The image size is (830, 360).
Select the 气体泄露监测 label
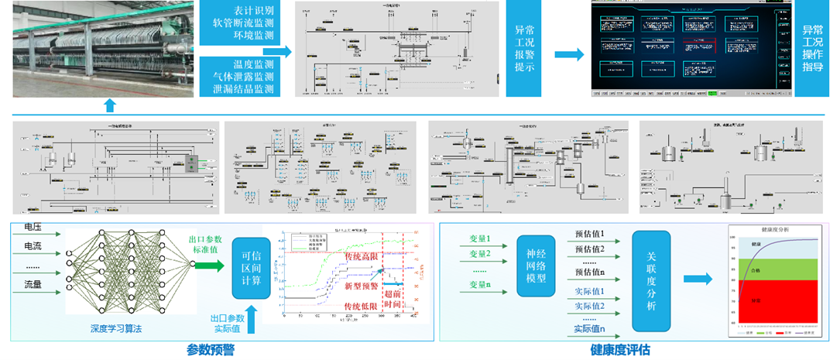pos(243,76)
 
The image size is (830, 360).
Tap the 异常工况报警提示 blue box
pos(525,49)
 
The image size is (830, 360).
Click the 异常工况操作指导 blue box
pos(812,49)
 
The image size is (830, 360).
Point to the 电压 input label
pos(33,228)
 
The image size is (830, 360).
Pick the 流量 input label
pos(33,285)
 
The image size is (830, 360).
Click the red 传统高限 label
pos(362,256)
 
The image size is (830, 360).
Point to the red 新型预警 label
pos(362,286)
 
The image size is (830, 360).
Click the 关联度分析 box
pos(651,282)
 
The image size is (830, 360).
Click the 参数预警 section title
pos(211,350)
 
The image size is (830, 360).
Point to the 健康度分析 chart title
pos(775,231)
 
